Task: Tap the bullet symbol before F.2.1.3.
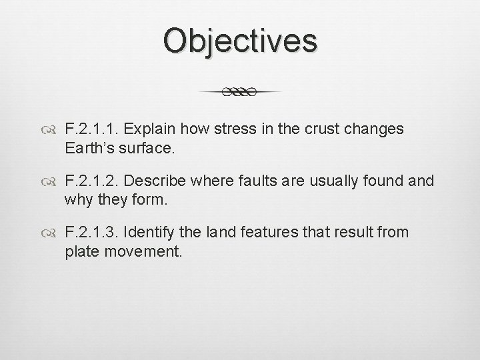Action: (52, 233)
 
